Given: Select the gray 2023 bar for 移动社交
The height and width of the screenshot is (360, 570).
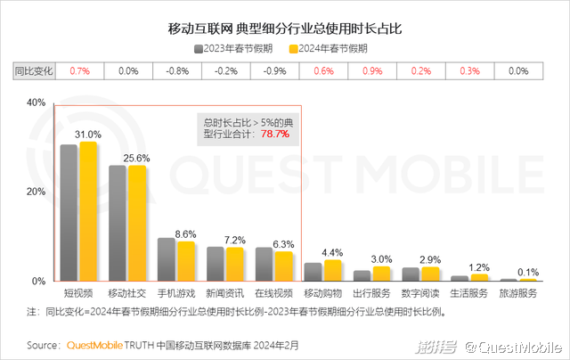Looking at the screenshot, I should [x=118, y=223].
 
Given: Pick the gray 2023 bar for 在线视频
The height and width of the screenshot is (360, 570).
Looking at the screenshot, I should [x=264, y=265].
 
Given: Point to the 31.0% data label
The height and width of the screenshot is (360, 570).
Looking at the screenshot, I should [x=87, y=135].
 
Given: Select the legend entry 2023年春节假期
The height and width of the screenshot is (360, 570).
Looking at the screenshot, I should [x=236, y=48].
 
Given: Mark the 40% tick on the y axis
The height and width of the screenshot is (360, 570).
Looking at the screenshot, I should [x=36, y=102].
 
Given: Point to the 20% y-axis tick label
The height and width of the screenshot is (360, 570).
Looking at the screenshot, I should [x=36, y=192].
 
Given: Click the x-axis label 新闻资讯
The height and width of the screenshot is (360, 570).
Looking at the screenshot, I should [x=224, y=292].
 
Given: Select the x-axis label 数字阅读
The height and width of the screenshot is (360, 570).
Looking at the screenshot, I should [x=420, y=292].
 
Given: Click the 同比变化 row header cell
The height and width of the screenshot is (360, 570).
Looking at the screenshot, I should [x=34, y=70].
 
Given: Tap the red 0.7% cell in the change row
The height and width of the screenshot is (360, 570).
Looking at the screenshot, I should [x=81, y=70].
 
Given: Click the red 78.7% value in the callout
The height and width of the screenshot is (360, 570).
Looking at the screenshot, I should [x=274, y=134].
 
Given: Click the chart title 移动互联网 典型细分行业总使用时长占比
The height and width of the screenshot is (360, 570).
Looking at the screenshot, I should [x=285, y=29].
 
